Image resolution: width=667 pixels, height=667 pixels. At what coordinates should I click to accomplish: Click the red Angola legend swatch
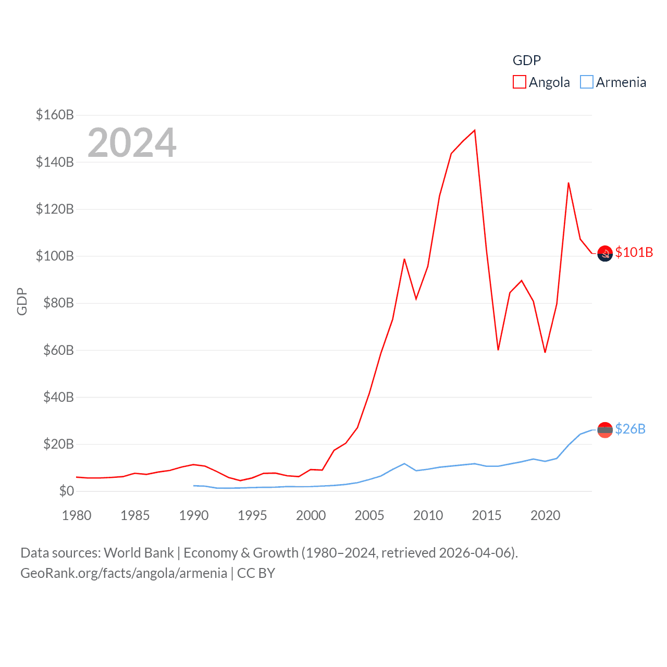(519, 82)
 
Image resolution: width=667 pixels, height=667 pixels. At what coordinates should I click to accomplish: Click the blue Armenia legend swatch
(586, 82)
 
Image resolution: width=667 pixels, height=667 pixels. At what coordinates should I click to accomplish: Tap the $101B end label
(634, 252)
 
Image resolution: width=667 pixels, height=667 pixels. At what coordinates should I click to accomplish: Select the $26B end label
(630, 429)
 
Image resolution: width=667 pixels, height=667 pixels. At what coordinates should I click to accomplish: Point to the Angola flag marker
(605, 254)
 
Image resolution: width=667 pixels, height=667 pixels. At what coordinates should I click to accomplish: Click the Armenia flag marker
(605, 430)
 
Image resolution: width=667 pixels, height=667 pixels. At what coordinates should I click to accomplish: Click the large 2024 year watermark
(132, 143)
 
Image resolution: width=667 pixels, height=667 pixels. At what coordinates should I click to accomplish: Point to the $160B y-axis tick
(55, 115)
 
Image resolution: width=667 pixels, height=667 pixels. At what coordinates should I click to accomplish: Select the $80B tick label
(58, 303)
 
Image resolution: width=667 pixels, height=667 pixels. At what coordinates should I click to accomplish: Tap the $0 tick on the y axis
(67, 491)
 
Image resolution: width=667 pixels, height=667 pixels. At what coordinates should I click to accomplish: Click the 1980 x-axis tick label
(77, 515)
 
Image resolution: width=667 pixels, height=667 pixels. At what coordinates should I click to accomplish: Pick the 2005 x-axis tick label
(369, 515)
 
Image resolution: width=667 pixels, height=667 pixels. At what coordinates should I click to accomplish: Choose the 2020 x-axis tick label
(545, 515)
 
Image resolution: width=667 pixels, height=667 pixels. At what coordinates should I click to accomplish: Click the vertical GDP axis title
(22, 301)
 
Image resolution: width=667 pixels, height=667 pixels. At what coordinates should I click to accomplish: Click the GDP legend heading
(526, 60)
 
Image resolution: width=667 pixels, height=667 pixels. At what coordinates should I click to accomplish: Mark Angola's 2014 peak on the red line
(475, 130)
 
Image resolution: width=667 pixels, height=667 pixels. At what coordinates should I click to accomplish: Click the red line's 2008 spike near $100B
(404, 259)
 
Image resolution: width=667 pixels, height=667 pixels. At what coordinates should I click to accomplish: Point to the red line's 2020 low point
(545, 352)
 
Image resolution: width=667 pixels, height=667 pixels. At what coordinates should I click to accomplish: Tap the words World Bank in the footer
(139, 552)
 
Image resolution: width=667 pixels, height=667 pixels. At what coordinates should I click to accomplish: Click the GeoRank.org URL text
(123, 573)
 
